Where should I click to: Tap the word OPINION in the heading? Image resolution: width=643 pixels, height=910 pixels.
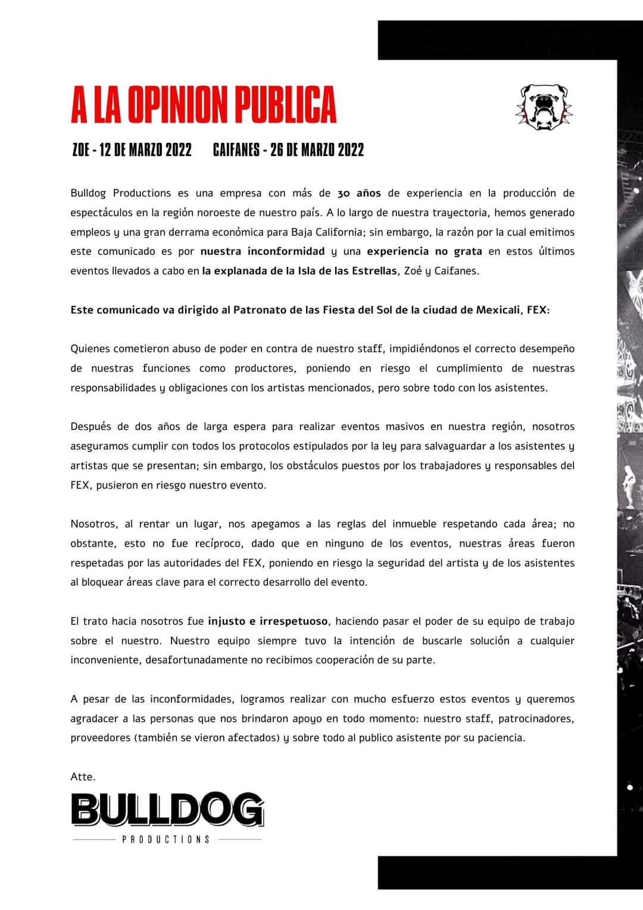[176, 105]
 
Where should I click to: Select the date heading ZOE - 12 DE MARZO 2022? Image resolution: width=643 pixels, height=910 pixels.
[132, 149]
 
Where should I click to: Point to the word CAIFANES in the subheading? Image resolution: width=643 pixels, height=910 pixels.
[236, 149]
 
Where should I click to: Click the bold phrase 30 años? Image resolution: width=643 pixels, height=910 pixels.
[359, 193]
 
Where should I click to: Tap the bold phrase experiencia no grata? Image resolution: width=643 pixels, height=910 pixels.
[424, 251]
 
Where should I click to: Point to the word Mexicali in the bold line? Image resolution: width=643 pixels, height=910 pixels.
[498, 310]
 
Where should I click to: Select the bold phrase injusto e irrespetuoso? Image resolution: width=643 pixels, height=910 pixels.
[268, 621]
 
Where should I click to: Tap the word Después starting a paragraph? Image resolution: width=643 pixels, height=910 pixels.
[90, 426]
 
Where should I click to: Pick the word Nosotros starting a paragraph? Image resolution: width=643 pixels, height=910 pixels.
[93, 524]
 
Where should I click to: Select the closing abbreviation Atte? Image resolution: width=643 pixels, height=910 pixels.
[83, 777]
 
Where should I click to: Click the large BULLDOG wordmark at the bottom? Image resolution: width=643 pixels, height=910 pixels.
[167, 809]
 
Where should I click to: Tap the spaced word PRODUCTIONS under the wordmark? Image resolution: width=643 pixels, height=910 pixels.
[166, 839]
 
